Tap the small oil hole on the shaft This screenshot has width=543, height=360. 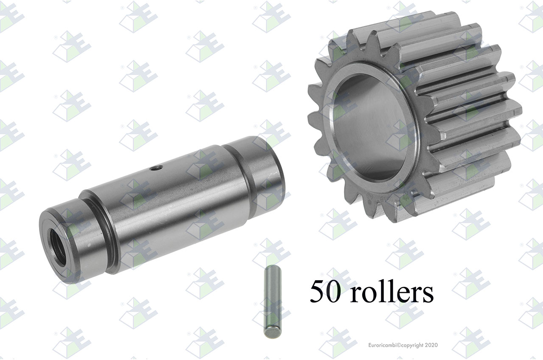[x=156, y=167]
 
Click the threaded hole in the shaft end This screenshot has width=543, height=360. [x=58, y=247]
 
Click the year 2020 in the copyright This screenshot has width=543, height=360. [x=432, y=345]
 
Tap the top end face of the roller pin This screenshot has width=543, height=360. [x=272, y=267]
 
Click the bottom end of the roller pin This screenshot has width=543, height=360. [x=272, y=335]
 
